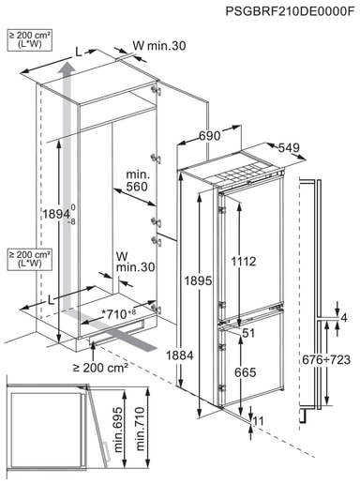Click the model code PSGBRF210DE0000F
[291, 11]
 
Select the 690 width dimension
[210, 136]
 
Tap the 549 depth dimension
[289, 147]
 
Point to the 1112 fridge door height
[244, 261]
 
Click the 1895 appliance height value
[198, 280]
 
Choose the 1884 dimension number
[180, 355]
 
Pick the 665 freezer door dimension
[246, 372]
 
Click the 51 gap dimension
[248, 333]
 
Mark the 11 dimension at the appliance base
[258, 421]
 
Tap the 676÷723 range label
[326, 359]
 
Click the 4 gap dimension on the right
[344, 318]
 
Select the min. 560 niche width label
[138, 181]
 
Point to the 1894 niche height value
[56, 214]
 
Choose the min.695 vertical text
[118, 430]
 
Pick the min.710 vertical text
[140, 429]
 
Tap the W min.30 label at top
[159, 46]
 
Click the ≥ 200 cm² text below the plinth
[100, 368]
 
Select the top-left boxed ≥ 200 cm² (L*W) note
[29, 39]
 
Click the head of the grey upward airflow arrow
[67, 68]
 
